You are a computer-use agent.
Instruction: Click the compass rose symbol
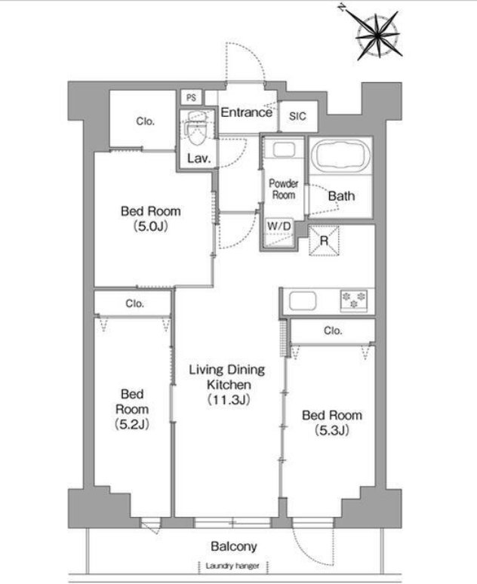(378, 36)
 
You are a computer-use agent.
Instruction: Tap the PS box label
(191, 97)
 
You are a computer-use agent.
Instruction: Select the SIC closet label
(297, 116)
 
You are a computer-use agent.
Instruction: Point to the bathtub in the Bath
(340, 155)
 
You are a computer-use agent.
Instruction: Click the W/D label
(279, 226)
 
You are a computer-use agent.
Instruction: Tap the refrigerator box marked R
(324, 241)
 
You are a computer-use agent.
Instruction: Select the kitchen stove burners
(354, 300)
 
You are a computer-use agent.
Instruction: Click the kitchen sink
(303, 300)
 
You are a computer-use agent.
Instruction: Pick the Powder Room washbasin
(284, 149)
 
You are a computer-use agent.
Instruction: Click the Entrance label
(246, 112)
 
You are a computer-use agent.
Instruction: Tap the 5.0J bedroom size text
(150, 226)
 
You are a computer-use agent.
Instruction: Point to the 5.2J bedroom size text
(132, 424)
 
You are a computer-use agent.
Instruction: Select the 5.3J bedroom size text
(332, 430)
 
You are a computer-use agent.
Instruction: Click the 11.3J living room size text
(229, 400)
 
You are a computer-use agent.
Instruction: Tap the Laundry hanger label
(232, 566)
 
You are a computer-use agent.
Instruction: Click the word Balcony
(234, 546)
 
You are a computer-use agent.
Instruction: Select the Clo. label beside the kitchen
(333, 330)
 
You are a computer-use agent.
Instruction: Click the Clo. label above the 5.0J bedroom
(145, 121)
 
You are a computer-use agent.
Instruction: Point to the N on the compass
(341, 8)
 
